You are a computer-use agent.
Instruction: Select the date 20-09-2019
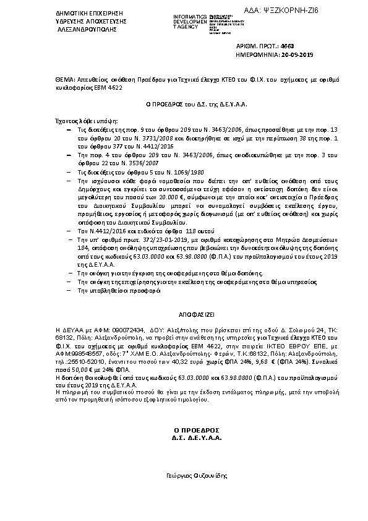296,55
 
